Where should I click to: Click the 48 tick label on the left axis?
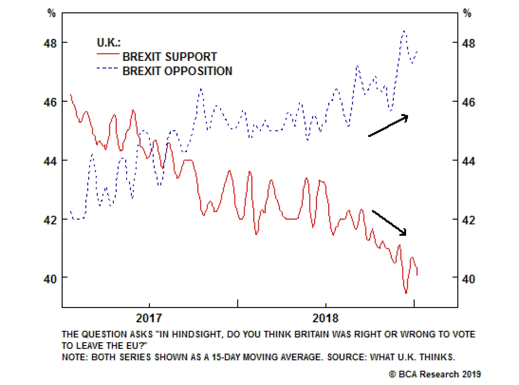click(50, 43)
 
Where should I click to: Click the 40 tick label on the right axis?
click(468, 279)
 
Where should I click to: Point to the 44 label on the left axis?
click(50, 161)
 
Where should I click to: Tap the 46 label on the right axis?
click(468, 102)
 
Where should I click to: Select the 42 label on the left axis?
click(50, 220)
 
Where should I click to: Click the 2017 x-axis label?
click(149, 318)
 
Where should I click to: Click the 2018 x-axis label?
click(325, 318)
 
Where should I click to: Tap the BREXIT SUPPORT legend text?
click(170, 57)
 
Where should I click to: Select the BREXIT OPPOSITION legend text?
click(177, 71)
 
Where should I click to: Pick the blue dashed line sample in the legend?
click(107, 68)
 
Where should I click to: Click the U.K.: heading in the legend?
click(109, 42)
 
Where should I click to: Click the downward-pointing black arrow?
click(389, 223)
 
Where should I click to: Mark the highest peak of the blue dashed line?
click(404, 31)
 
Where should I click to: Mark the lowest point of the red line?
click(406, 292)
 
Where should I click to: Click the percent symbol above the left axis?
click(52, 13)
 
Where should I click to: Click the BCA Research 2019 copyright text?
click(435, 374)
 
